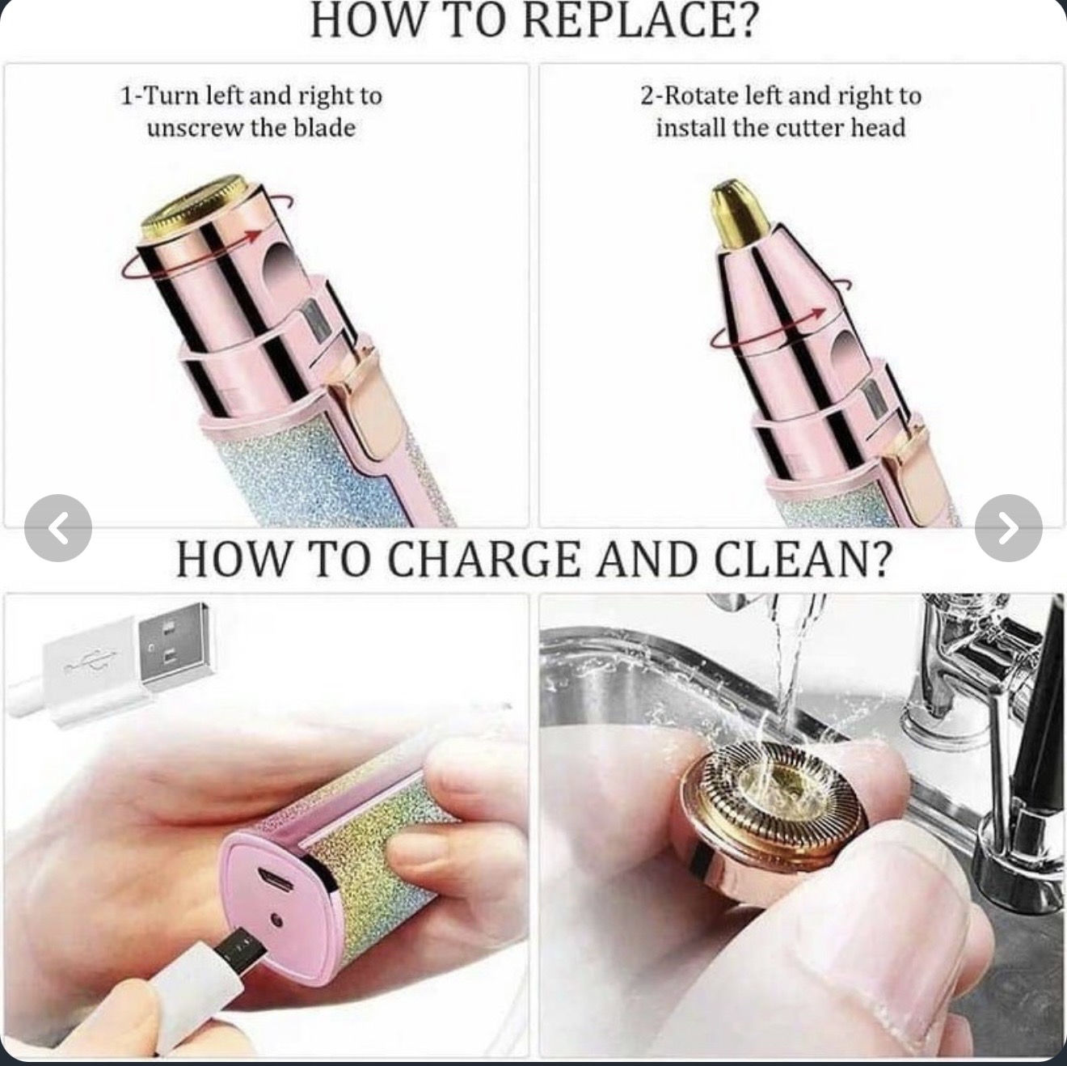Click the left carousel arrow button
(58, 528)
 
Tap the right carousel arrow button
(1008, 528)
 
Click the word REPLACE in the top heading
(638, 20)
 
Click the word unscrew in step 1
(195, 128)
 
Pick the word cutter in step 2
(809, 128)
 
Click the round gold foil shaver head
(192, 207)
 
